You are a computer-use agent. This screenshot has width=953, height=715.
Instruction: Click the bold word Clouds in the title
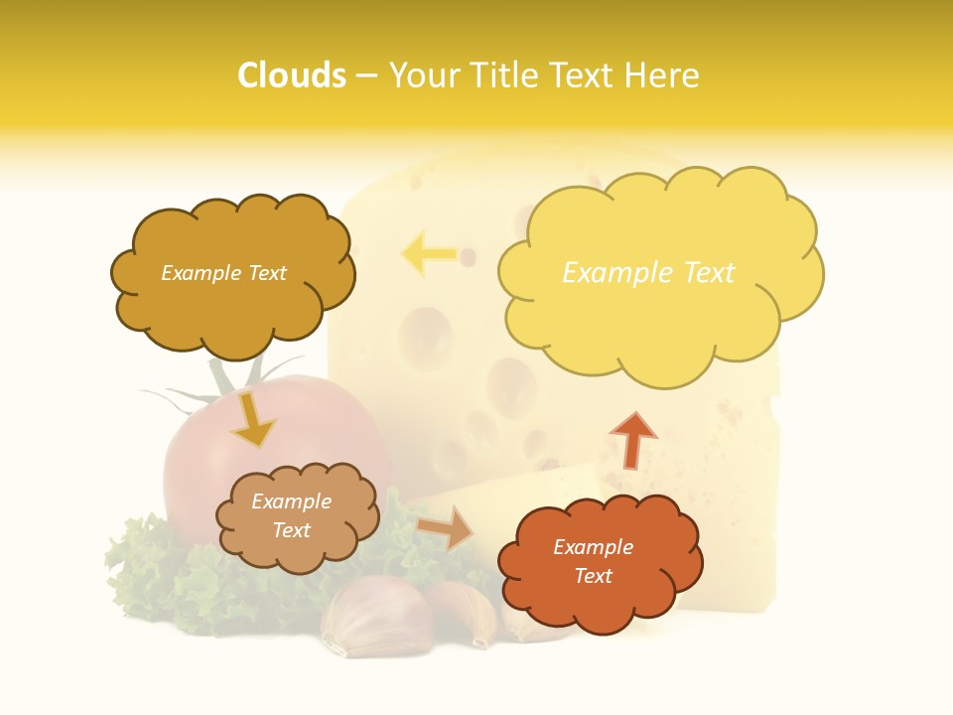(292, 75)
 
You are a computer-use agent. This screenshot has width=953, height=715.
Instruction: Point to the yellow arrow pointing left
(429, 254)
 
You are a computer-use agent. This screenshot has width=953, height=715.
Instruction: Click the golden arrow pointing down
(252, 420)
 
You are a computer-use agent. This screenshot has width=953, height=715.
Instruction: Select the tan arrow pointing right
(446, 528)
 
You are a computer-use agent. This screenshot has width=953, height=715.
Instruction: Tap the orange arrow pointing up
(633, 440)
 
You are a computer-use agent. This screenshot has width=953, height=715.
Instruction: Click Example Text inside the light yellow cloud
(648, 273)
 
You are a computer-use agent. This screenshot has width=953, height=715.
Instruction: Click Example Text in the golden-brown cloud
(223, 273)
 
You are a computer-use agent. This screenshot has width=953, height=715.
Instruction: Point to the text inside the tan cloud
(292, 515)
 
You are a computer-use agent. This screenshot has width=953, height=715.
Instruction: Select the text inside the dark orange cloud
(593, 561)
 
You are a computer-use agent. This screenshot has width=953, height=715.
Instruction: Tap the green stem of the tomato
(223, 382)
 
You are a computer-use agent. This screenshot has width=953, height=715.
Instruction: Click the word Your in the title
(427, 75)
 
